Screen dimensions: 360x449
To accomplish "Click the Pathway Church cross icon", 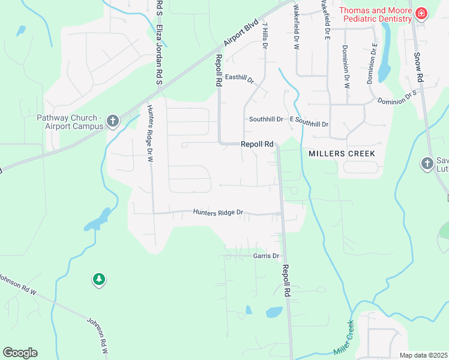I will click(112, 122).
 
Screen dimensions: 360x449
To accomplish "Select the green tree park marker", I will click(99, 279).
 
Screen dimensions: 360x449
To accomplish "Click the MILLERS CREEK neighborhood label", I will click(342, 154).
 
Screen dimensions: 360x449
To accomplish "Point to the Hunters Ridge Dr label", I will click(217, 212).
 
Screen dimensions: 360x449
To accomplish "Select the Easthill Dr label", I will click(240, 79).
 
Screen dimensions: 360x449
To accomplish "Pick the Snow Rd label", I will click(418, 67).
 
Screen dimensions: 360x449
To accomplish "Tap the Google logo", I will click(20, 353).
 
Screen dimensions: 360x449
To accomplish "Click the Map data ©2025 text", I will click(423, 355).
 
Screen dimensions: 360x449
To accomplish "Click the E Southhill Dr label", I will click(309, 124).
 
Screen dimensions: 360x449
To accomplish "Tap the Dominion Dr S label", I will click(397, 98).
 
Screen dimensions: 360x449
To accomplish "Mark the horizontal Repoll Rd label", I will click(257, 144).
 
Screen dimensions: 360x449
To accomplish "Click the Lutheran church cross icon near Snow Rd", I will click(427, 163).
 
